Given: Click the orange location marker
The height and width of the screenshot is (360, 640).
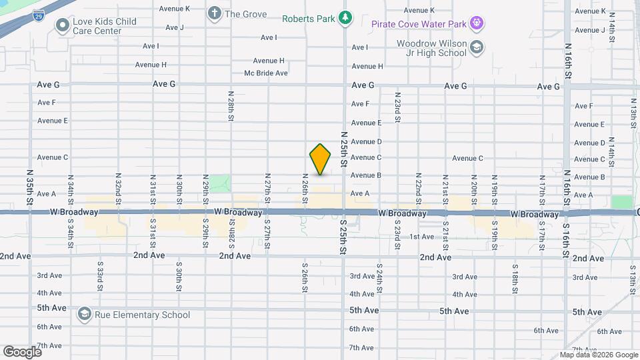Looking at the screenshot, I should (x=321, y=159).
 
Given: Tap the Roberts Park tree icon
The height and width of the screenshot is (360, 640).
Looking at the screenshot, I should (x=345, y=18).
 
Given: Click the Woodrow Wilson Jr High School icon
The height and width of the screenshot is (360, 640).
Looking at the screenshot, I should (x=477, y=47).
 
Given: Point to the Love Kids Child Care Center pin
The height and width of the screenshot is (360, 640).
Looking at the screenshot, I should (x=63, y=26).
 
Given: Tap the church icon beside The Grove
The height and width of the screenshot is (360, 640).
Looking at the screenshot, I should (x=215, y=13).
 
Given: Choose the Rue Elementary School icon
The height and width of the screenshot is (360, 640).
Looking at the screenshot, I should (x=84, y=314).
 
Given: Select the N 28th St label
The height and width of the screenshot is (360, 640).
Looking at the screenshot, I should (x=231, y=105).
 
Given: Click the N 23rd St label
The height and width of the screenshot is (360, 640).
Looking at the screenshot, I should (x=397, y=107).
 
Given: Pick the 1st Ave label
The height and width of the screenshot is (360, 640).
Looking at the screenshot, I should (x=422, y=237).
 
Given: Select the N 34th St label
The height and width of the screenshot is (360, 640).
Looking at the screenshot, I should (x=70, y=190).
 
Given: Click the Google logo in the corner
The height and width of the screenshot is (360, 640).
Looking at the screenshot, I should (x=22, y=351).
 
